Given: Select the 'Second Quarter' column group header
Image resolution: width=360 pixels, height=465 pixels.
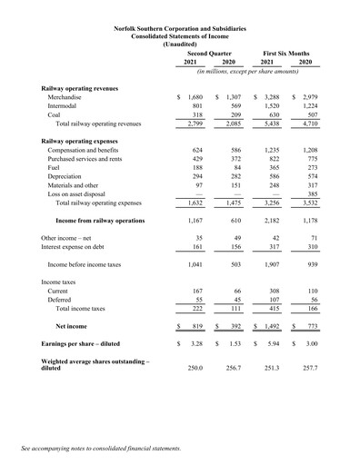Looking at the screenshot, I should (x=209, y=54).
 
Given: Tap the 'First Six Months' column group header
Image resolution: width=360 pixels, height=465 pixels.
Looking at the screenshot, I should (x=285, y=54).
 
